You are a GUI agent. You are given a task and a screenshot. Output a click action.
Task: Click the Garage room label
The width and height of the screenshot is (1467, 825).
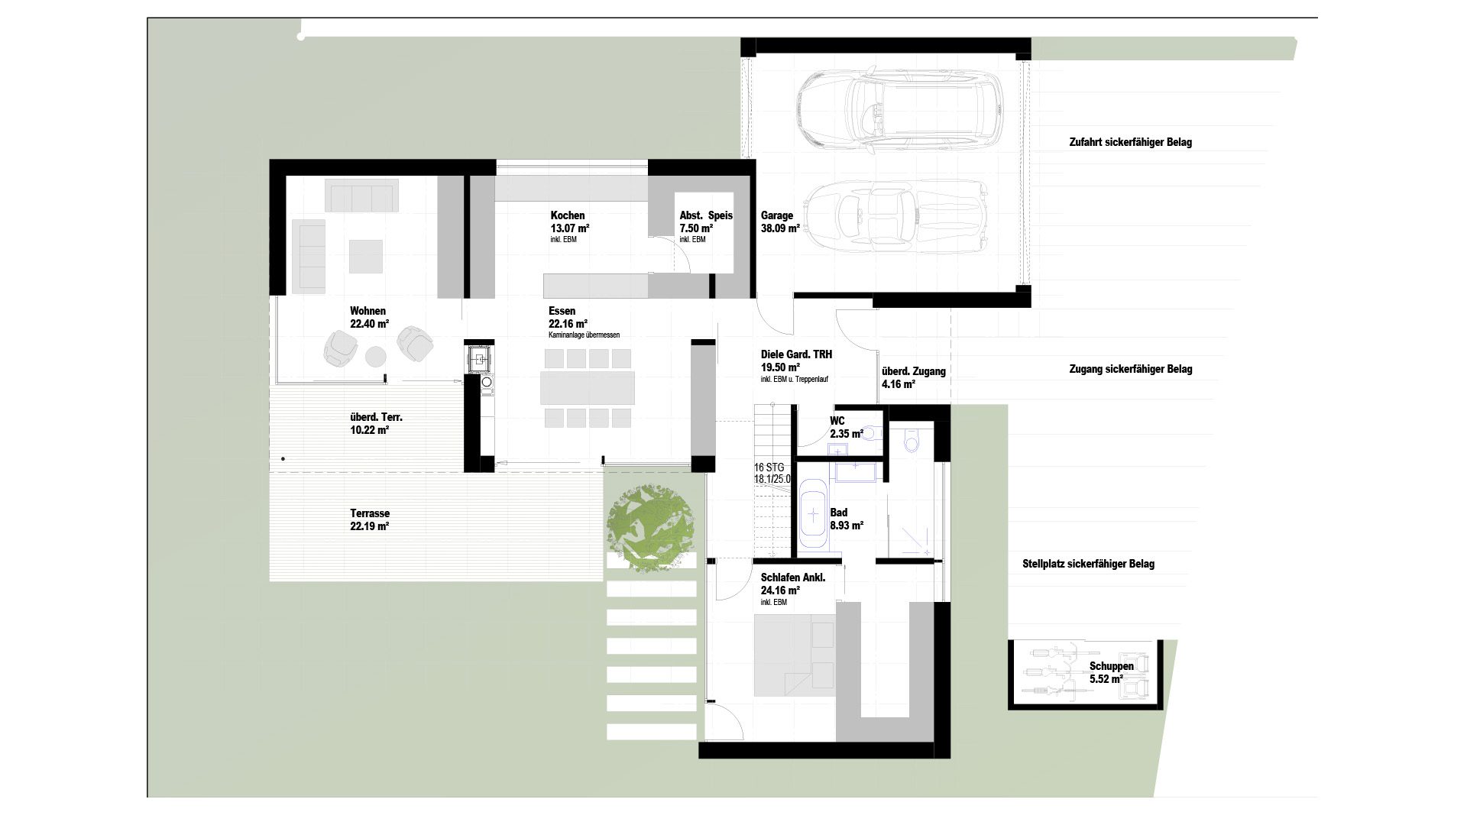coord(780,222)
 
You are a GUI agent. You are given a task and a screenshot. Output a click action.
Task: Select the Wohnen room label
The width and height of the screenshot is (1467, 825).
coord(369,317)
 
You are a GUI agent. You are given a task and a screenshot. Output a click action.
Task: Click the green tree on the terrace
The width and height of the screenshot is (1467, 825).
coord(651,527)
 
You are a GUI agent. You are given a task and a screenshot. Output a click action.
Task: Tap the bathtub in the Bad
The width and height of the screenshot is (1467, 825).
coord(814,514)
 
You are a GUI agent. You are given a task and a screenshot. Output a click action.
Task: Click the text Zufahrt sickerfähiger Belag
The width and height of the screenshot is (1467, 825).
coord(1130,142)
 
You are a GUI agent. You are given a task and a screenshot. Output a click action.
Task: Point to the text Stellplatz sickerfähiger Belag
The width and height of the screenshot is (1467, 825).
coord(1088,564)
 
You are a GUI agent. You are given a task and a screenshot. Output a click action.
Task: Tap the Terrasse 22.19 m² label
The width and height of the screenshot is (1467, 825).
coord(370,520)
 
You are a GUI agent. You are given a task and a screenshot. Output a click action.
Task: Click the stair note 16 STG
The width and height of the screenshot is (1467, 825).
coord(769,467)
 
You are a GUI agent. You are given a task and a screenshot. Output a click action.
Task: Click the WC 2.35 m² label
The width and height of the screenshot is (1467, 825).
coord(846,428)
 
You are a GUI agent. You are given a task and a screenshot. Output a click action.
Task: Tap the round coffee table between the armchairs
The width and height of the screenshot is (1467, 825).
coord(376,356)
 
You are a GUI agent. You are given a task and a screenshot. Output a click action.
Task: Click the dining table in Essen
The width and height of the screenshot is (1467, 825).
coord(588,387)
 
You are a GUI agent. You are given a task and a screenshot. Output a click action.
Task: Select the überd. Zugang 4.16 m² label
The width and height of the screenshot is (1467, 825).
coord(913,377)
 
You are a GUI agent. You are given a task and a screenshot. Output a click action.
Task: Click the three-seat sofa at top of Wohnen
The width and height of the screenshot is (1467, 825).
coord(361,196)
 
